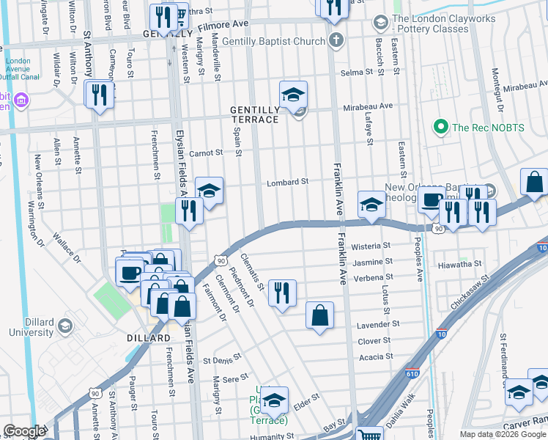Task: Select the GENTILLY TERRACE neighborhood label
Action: click(x=254, y=114)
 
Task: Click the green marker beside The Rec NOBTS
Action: click(x=440, y=127)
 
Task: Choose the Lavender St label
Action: click(x=378, y=323)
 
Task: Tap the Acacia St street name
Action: click(x=376, y=356)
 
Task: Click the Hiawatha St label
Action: click(x=459, y=263)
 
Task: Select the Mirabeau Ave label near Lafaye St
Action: click(x=369, y=106)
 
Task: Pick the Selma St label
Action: click(x=357, y=73)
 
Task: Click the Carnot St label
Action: click(x=205, y=153)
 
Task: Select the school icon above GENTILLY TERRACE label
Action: click(x=293, y=95)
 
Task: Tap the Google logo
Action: click(x=24, y=431)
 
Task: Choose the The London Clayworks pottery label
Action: click(x=430, y=23)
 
